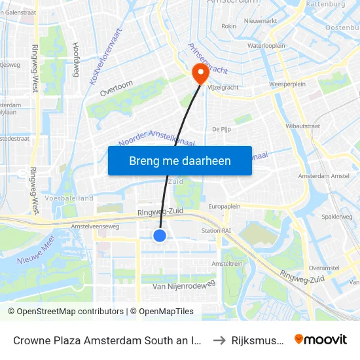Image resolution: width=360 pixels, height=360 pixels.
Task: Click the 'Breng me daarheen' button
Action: tap(180, 160)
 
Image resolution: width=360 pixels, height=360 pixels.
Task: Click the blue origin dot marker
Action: tap(160, 236)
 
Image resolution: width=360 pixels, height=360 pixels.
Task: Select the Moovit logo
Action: tap(320, 339)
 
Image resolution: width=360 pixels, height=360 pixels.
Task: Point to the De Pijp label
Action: tap(221, 130)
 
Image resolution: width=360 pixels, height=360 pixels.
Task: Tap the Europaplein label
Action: tap(226, 206)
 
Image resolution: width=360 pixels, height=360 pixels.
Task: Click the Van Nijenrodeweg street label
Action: tap(183, 286)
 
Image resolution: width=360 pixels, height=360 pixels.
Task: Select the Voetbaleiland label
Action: tap(70, 198)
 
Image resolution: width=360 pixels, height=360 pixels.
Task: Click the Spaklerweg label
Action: tap(340, 217)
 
